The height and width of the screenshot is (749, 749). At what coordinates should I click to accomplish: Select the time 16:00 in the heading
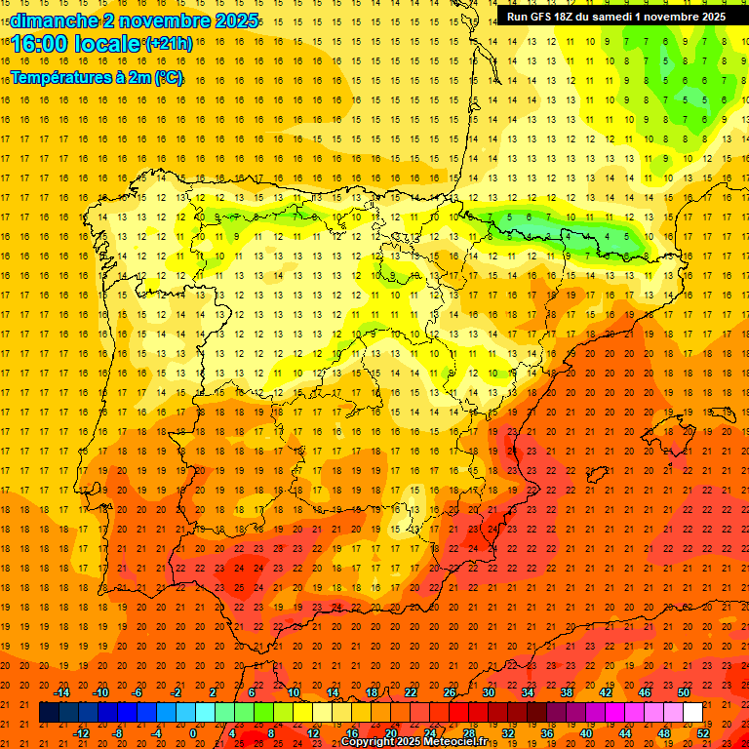tap(43, 44)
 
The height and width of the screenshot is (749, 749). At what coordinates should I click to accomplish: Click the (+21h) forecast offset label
tap(168, 44)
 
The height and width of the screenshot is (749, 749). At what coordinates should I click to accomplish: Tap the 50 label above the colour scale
tap(683, 692)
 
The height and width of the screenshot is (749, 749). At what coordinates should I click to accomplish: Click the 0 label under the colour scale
tap(193, 733)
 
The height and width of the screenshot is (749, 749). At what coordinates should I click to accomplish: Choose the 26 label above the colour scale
tap(450, 692)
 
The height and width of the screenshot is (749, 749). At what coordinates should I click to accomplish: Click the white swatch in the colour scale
tap(692, 713)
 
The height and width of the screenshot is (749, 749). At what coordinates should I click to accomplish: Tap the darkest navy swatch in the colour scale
tap(49, 713)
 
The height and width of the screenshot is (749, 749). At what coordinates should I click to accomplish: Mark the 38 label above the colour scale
tap(567, 692)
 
